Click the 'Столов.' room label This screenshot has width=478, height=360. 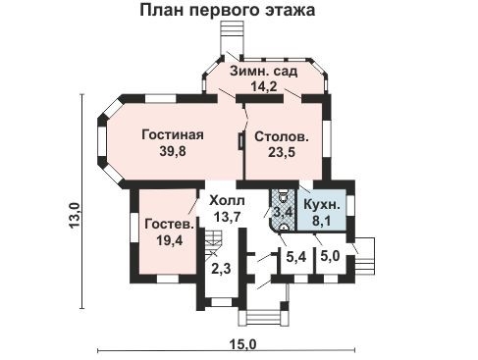click(x=282, y=136)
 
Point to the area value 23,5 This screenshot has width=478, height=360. click(x=282, y=153)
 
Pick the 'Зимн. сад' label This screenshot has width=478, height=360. click(x=266, y=72)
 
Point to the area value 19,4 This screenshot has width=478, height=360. click(x=167, y=241)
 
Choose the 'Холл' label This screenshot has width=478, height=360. click(x=225, y=199)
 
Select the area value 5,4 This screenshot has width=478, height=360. click(x=295, y=258)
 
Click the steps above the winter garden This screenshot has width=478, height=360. click(x=233, y=39)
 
